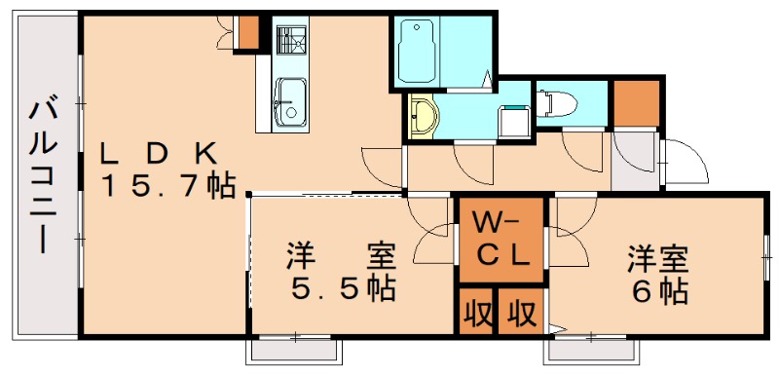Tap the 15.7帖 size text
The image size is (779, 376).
169,185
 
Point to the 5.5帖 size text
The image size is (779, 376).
342,289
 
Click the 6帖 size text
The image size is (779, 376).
658,289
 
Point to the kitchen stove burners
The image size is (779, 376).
288,40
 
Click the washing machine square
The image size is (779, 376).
513,120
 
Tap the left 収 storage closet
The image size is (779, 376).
476,313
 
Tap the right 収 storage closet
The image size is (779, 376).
521,313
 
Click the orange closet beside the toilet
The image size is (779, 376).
637,102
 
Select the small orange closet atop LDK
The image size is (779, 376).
250,31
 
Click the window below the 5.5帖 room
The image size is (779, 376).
295,348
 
